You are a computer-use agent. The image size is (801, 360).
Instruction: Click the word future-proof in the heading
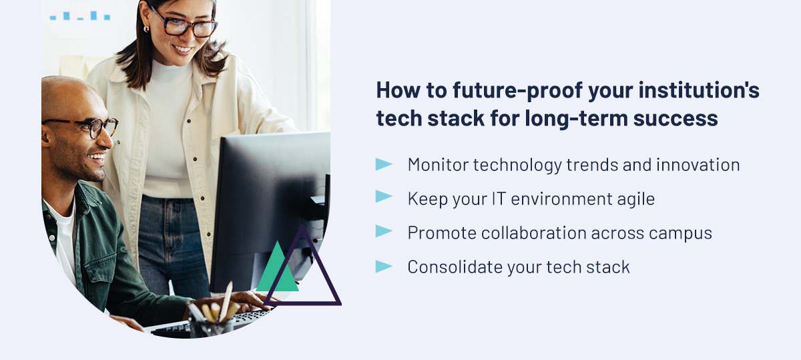click(x=518, y=90)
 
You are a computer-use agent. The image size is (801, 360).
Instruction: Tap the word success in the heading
click(x=676, y=118)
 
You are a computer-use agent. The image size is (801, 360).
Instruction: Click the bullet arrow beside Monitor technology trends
click(x=384, y=164)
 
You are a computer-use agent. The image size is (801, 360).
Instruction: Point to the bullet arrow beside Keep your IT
click(x=384, y=196)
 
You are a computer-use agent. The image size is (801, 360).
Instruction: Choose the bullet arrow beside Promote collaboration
click(x=384, y=231)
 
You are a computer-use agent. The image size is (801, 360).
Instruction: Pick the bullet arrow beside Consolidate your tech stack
click(x=384, y=266)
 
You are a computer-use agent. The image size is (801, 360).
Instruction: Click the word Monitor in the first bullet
click(x=438, y=165)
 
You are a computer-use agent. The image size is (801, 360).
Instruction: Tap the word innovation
click(x=698, y=165)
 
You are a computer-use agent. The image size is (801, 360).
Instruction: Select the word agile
click(x=635, y=199)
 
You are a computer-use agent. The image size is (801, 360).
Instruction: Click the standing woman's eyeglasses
click(x=186, y=23)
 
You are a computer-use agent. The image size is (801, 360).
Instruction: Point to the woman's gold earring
click(x=146, y=29)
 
